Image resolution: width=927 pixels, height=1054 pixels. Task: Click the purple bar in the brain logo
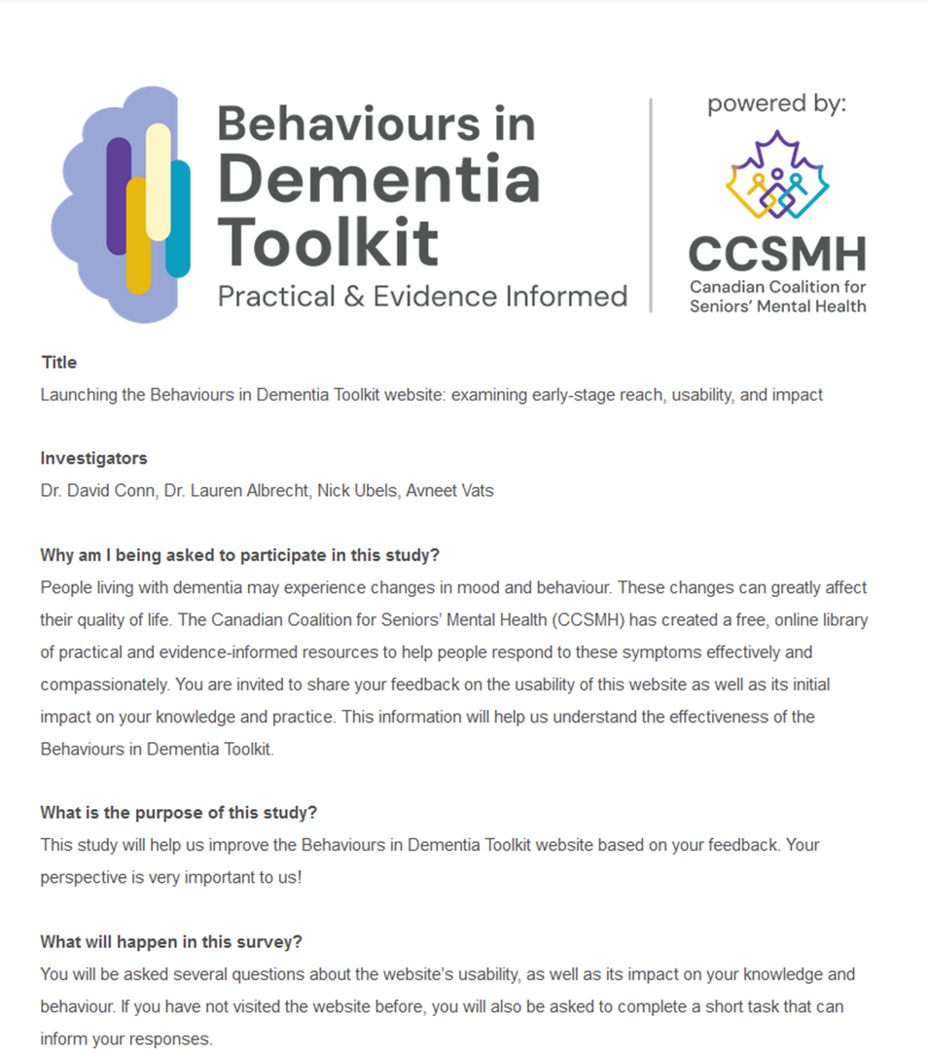click(x=119, y=194)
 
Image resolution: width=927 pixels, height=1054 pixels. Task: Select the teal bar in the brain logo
click(x=178, y=219)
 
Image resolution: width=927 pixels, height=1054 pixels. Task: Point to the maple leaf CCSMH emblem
click(x=776, y=175)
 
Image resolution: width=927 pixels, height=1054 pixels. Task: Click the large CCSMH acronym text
click(x=776, y=255)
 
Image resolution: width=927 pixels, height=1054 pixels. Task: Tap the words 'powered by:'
click(x=776, y=103)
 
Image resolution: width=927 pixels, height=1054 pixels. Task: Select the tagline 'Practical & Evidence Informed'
click(x=422, y=296)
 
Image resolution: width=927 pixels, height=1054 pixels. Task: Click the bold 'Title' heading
click(x=58, y=363)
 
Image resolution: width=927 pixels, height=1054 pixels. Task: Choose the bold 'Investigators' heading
click(x=93, y=458)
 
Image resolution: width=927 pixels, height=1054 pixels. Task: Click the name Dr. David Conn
click(x=93, y=491)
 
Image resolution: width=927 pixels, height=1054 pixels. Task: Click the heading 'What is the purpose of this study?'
click(x=179, y=813)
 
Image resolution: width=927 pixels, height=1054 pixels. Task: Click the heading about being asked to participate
click(x=239, y=555)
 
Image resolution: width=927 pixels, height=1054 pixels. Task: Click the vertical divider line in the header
click(x=651, y=204)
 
